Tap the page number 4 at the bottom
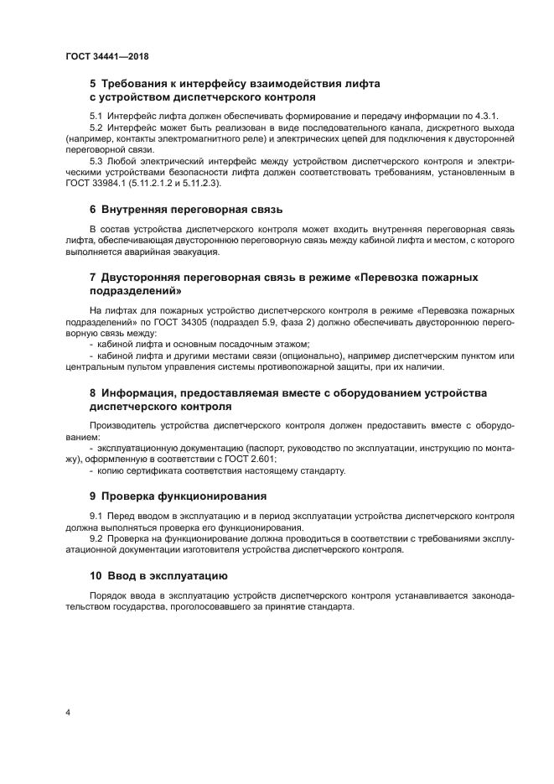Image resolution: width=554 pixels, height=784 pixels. (x=67, y=714)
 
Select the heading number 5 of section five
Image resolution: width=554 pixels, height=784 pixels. (x=93, y=85)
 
